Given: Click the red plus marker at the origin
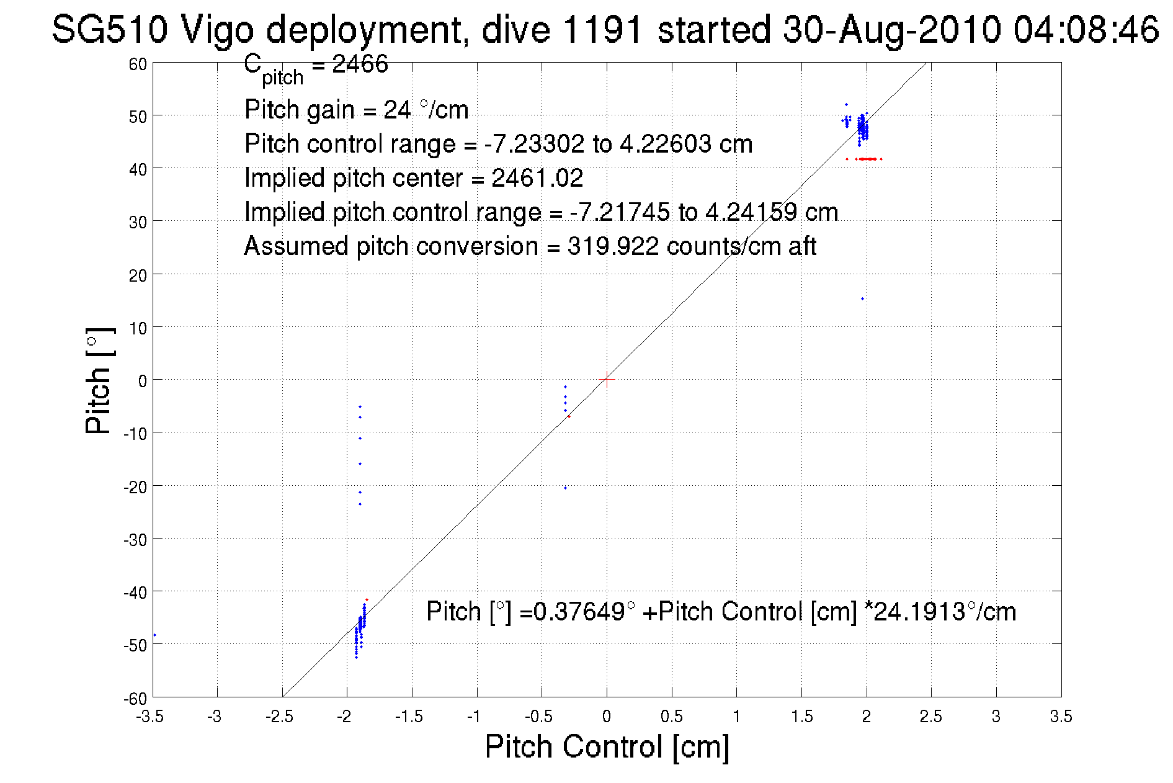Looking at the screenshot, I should point(607,379).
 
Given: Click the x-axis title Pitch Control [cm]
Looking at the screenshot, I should point(607,746).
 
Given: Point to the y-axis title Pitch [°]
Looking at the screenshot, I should point(99,380).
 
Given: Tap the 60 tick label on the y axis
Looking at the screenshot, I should point(138,65).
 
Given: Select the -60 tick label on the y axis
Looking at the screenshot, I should point(135,699).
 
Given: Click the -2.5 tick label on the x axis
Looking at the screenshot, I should point(279,717).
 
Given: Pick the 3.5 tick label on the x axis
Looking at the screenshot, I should point(1061,717).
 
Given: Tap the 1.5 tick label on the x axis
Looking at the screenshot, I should point(801,717).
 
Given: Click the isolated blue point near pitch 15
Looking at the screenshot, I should point(862,299).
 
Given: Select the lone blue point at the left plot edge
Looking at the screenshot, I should point(154,635).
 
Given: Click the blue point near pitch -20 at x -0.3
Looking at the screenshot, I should point(565,488).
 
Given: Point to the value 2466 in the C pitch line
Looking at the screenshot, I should point(360,64).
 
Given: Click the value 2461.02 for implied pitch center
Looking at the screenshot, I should point(537,179).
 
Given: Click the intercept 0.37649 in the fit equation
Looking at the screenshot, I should point(578,612).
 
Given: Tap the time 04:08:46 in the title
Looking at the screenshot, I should point(1086,29).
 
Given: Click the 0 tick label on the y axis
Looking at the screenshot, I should point(142,381).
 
